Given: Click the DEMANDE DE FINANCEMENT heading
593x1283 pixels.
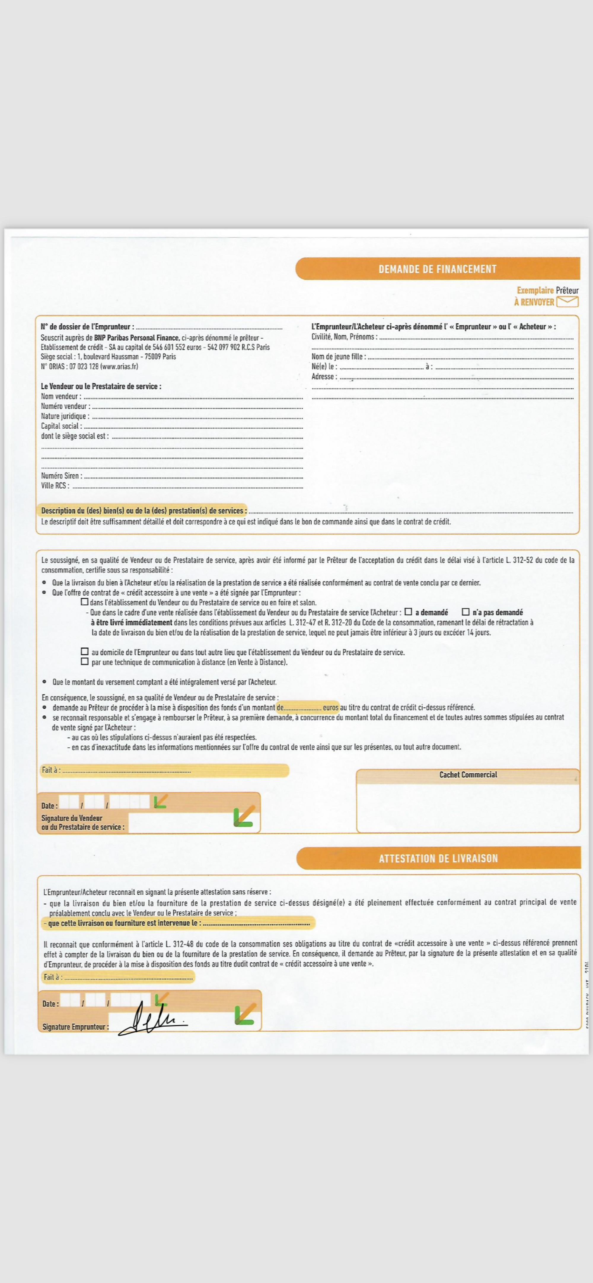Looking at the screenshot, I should click(x=437, y=269).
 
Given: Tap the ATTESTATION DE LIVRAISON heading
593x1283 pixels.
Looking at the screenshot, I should click(x=438, y=858).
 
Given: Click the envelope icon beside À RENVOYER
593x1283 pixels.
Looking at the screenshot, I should click(x=567, y=302).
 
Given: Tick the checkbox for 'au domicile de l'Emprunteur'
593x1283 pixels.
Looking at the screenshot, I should click(x=85, y=652).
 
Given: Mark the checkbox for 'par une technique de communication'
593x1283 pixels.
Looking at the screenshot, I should click(x=85, y=661).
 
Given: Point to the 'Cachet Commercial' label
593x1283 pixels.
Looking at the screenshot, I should click(x=468, y=775).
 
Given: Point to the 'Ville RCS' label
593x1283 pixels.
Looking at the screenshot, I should click(x=55, y=486).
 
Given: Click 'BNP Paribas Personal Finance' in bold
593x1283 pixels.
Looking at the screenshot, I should click(x=137, y=338).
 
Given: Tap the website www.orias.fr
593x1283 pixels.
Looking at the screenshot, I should click(x=119, y=367).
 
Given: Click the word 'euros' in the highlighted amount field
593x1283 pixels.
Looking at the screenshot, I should click(x=330, y=707).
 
